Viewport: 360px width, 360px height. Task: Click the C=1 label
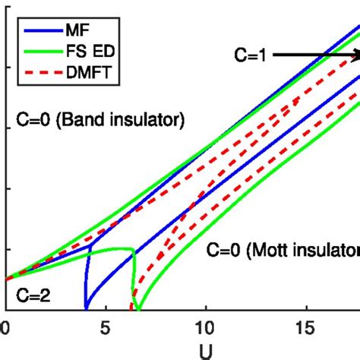pos(248,55)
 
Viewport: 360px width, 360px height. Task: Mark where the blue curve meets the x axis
pos(86,308)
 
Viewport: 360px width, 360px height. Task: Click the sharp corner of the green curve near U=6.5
pos(134,251)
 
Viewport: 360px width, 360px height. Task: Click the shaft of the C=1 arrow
pos(311,55)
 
